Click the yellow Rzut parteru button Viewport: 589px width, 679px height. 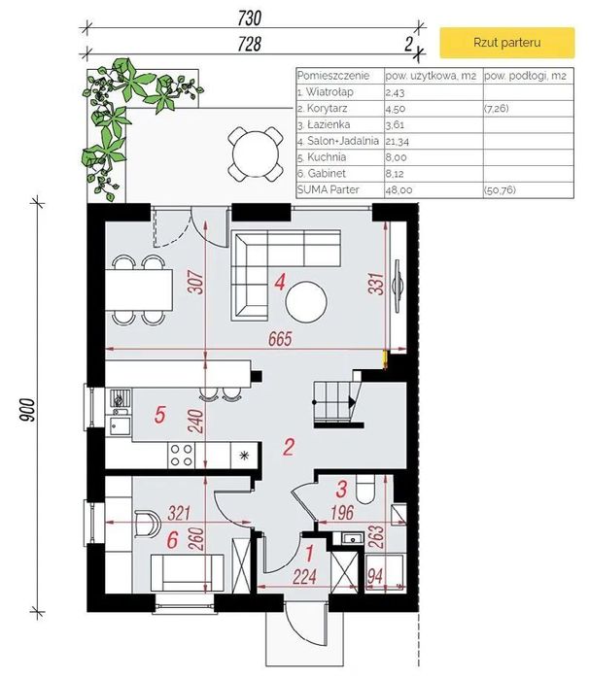pyautogui.click(x=507, y=43)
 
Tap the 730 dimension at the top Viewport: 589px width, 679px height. pyautogui.click(x=250, y=18)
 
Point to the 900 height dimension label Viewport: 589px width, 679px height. pyautogui.click(x=27, y=410)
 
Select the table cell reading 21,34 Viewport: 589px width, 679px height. pyautogui.click(x=398, y=141)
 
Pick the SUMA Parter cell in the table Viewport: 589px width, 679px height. pyautogui.click(x=329, y=189)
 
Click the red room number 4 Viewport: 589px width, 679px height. pyautogui.click(x=280, y=283)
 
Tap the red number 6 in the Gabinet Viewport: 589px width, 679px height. pyautogui.click(x=172, y=540)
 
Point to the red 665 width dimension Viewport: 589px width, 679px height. pyautogui.click(x=280, y=339)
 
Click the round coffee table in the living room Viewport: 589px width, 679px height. pyautogui.click(x=306, y=302)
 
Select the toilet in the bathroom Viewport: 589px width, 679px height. pyautogui.click(x=365, y=490)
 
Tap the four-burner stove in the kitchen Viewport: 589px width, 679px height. pyautogui.click(x=181, y=456)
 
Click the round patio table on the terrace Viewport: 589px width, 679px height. pyautogui.click(x=256, y=153)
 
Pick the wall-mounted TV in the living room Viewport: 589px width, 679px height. pyautogui.click(x=397, y=286)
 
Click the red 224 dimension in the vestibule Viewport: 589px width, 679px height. pyautogui.click(x=304, y=576)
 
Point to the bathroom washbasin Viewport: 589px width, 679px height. pyautogui.click(x=353, y=539)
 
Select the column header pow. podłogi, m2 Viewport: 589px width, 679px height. pyautogui.click(x=525, y=76)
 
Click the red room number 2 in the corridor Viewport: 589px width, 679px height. pyautogui.click(x=289, y=447)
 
